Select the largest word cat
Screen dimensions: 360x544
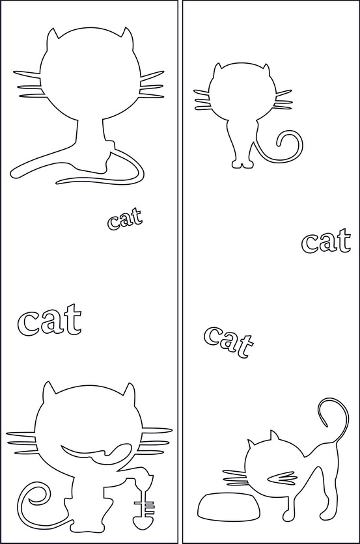point(49,320)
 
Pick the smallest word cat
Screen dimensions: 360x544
point(124,219)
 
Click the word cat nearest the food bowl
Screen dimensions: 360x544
point(228,342)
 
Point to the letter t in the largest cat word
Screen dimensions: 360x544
point(72,318)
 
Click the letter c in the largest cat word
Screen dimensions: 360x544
point(27,324)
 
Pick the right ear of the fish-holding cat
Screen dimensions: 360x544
point(129,388)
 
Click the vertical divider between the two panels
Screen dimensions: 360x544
point(180,272)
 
